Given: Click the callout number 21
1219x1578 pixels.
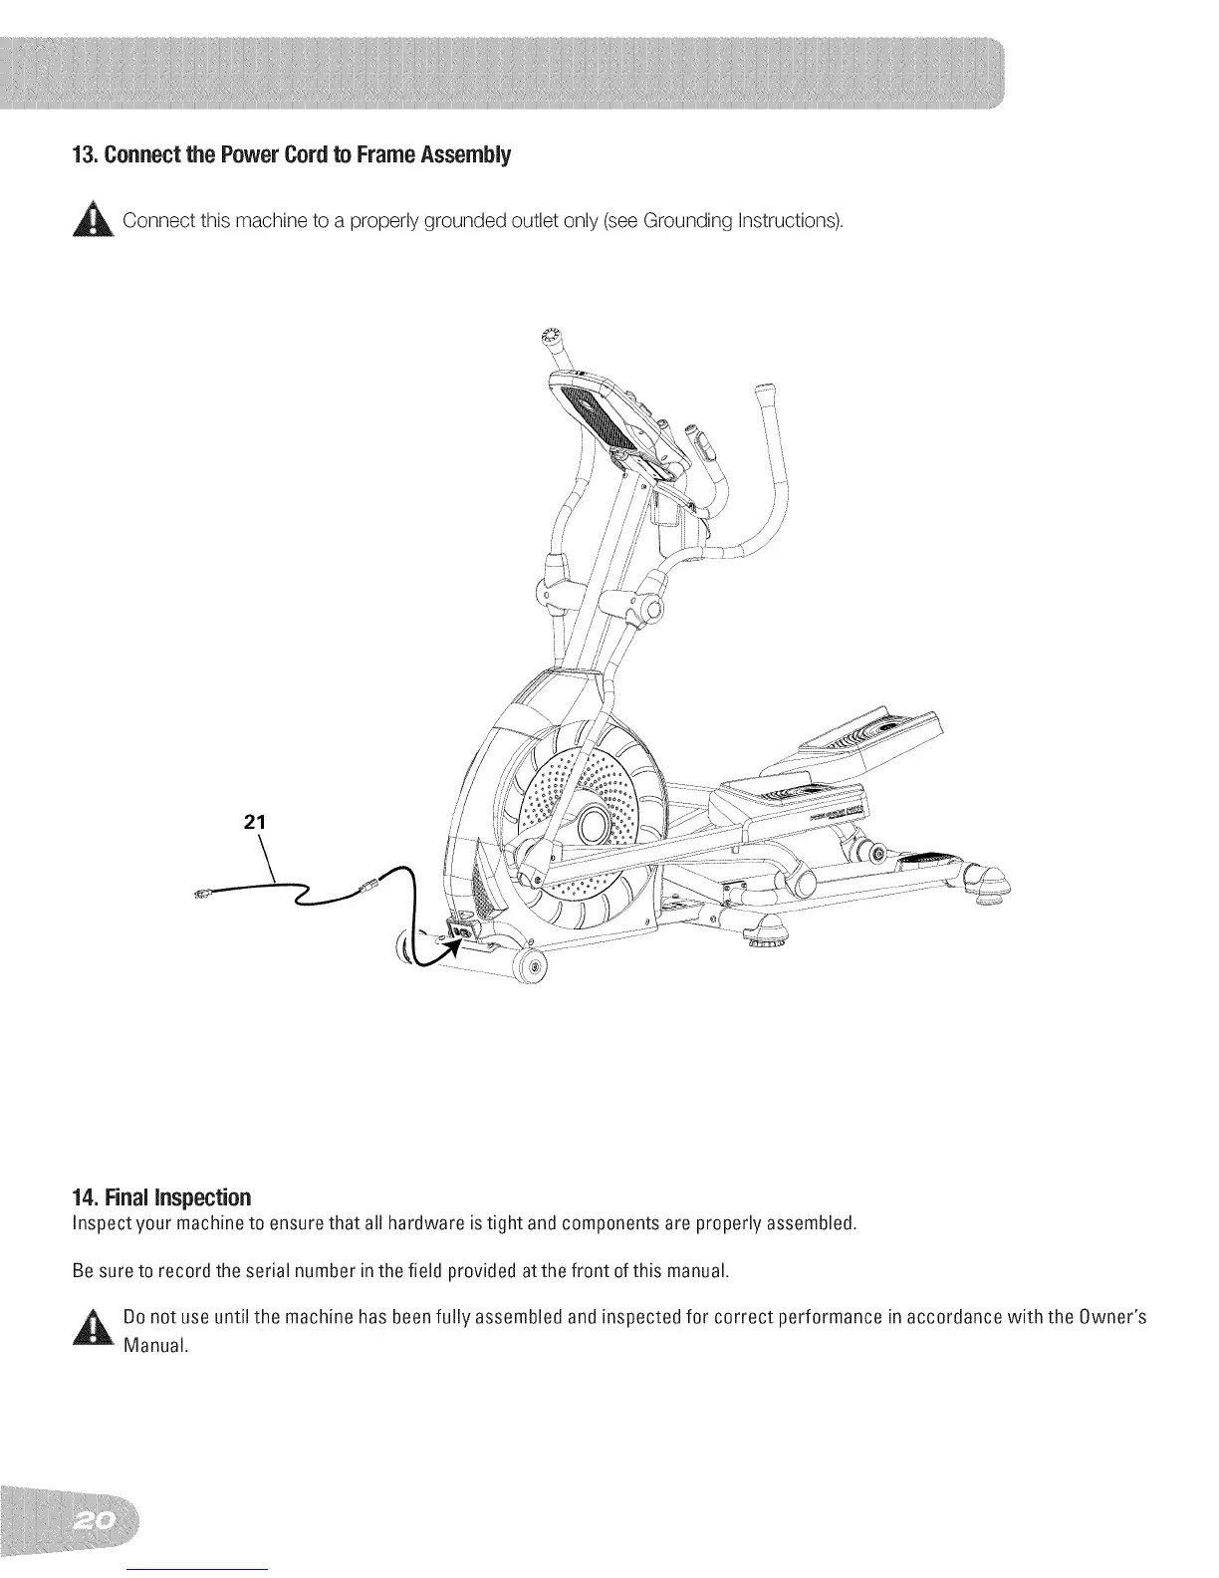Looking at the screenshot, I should tap(255, 822).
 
